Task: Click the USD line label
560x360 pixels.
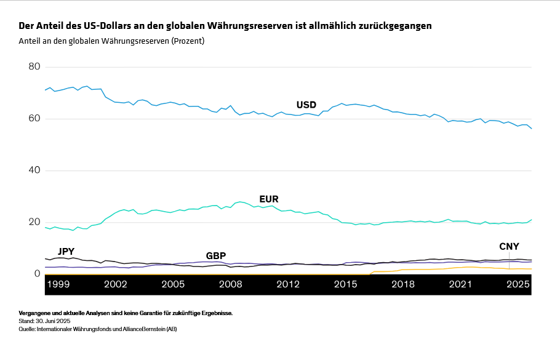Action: coord(306,105)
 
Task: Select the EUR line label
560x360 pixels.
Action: coord(269,199)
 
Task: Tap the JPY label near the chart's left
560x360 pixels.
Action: coord(66,251)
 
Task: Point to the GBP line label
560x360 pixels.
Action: coord(216,255)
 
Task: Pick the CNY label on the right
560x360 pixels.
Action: coord(509,246)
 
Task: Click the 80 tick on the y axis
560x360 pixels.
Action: coord(34,66)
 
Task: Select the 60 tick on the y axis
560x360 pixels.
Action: coord(34,118)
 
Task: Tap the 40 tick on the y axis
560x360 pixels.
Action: coord(34,170)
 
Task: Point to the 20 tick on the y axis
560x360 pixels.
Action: coord(34,222)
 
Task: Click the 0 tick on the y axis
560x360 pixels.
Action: coord(38,274)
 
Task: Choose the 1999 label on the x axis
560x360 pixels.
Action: coord(58,284)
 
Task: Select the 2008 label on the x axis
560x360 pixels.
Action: coord(231,284)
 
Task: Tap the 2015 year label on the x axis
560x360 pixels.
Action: coord(346,284)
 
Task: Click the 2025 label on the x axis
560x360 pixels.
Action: coord(518,284)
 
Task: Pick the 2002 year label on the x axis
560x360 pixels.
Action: coord(116,284)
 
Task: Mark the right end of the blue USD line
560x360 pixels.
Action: coord(532,128)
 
